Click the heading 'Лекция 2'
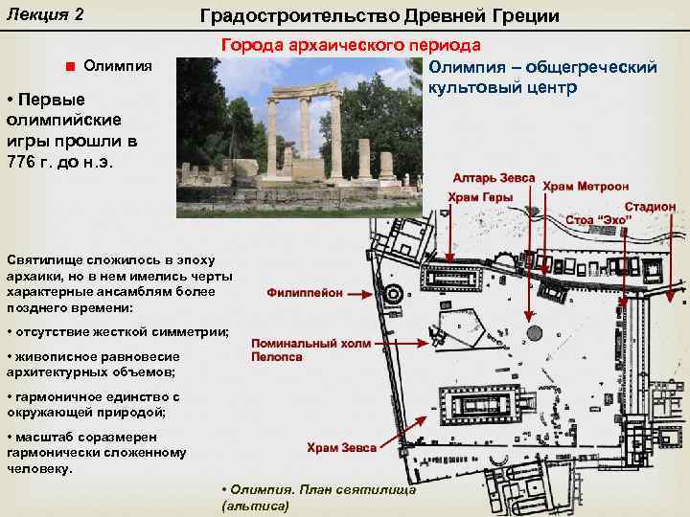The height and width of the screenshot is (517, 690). tap(45, 15)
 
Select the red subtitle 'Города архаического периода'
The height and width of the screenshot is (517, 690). tap(352, 45)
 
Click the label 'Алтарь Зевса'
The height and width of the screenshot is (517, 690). tap(495, 178)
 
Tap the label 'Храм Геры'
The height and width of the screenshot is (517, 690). tap(480, 197)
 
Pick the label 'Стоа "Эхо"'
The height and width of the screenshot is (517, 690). tap(601, 219)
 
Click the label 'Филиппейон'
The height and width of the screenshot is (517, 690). tap(305, 293)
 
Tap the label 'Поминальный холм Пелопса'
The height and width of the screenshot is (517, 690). tap(292, 349)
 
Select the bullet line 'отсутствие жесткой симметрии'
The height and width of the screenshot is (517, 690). tap(117, 330)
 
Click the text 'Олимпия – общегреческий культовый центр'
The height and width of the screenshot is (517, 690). tap(542, 78)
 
